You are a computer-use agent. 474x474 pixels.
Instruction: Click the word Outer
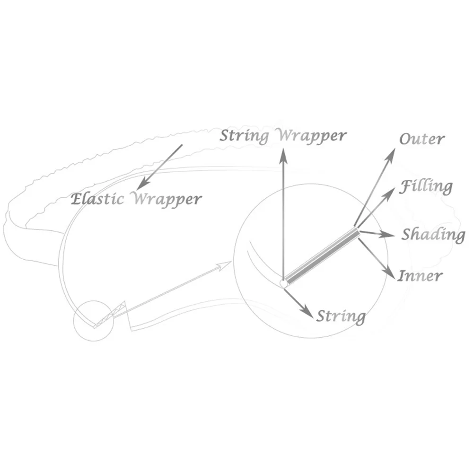coord(422,139)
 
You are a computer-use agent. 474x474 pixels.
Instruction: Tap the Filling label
coord(426,186)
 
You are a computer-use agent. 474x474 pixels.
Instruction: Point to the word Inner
coord(420,275)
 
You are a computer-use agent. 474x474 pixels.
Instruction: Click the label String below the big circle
coord(341,316)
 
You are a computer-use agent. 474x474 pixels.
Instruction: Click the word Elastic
coord(98,199)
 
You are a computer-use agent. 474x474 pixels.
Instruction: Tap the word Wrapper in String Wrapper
coord(312,136)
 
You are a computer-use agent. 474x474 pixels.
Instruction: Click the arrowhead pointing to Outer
coord(392,153)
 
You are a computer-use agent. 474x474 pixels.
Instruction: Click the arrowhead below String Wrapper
coord(283,155)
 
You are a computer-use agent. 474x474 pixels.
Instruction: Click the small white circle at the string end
coord(284,283)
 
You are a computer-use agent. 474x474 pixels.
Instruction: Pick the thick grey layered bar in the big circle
coord(322,256)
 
